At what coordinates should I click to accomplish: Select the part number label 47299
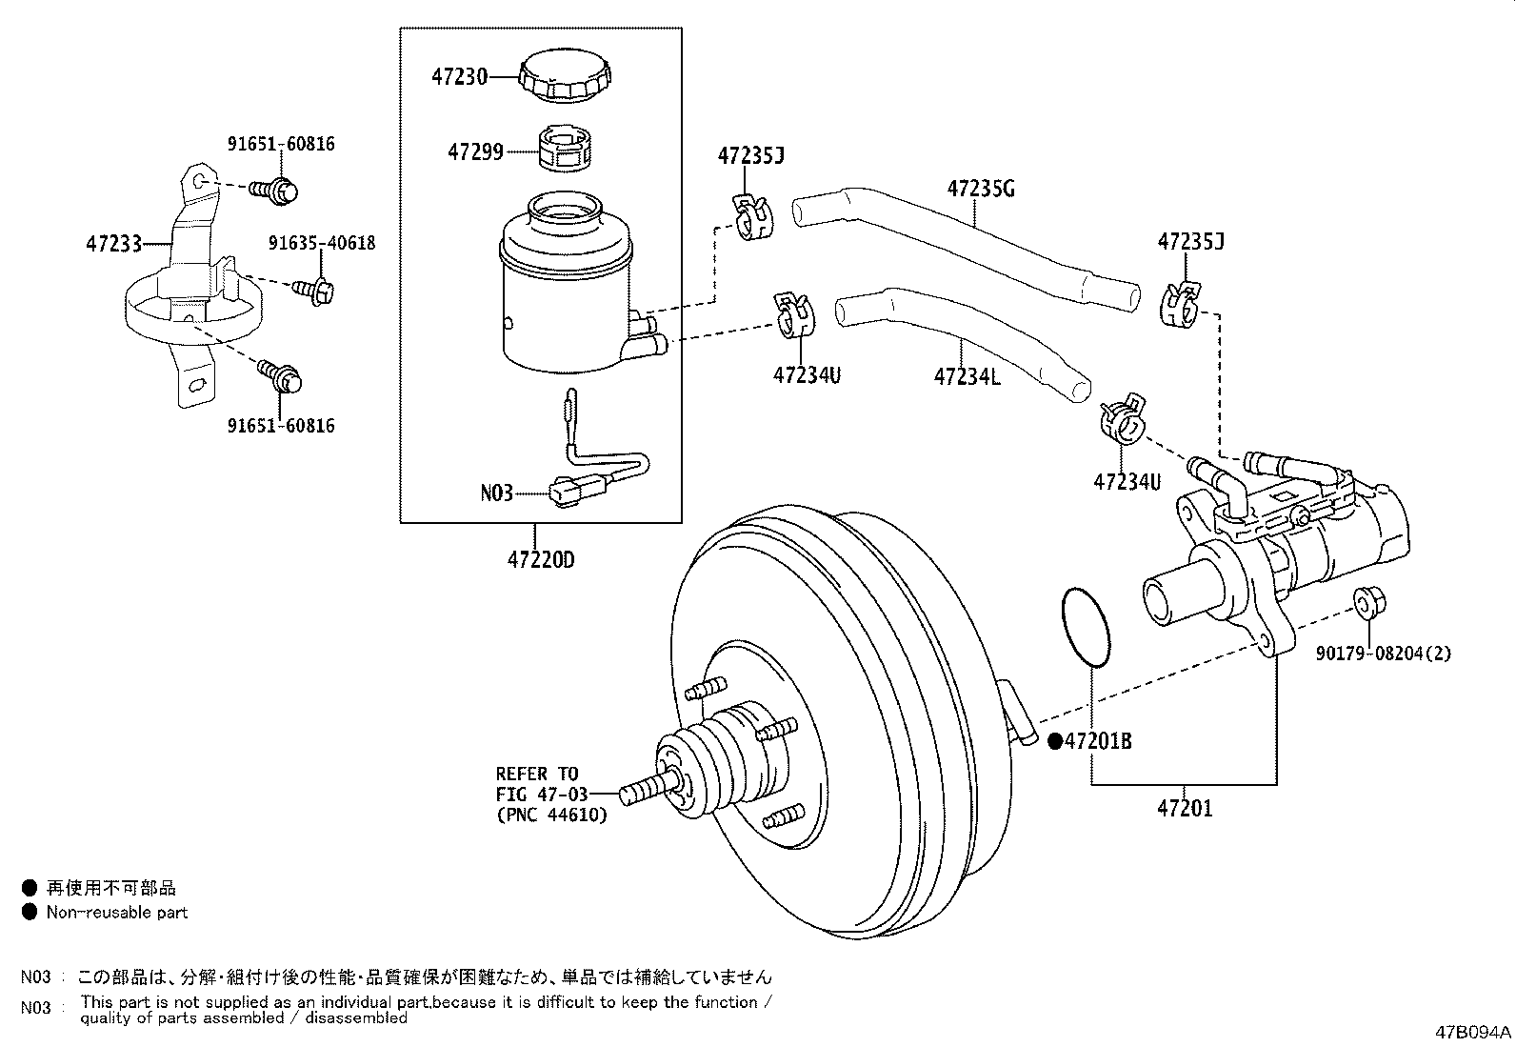pos(475,151)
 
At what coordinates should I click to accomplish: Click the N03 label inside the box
pos(496,493)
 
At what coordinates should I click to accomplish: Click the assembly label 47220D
pos(540,559)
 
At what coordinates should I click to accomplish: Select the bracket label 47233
pos(113,244)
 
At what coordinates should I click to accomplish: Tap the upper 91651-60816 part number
pos(281,144)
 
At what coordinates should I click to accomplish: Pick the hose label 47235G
pos(980,189)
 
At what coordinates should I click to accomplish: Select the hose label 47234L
pos(967,376)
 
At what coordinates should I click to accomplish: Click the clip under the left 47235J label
pos(754,215)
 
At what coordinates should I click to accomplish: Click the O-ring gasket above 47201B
pos(1085,629)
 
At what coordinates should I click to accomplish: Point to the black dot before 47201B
pos(1055,740)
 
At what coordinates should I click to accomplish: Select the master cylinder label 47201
pos(1185,809)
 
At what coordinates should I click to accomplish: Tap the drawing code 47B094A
pos(1473,1032)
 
